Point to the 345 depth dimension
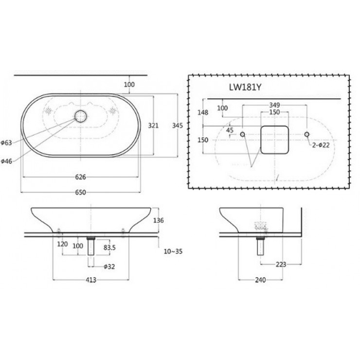point(178,126)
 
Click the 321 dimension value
point(153,126)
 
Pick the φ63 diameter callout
point(6,143)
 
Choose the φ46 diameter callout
point(6,161)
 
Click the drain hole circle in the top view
point(80,116)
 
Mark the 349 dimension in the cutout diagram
point(274,105)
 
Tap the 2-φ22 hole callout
point(322,145)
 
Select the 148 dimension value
point(203,112)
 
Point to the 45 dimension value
point(230,130)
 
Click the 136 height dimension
point(159,220)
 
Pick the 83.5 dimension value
point(110,248)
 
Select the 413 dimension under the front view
point(91,280)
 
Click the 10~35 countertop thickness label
point(172,252)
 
